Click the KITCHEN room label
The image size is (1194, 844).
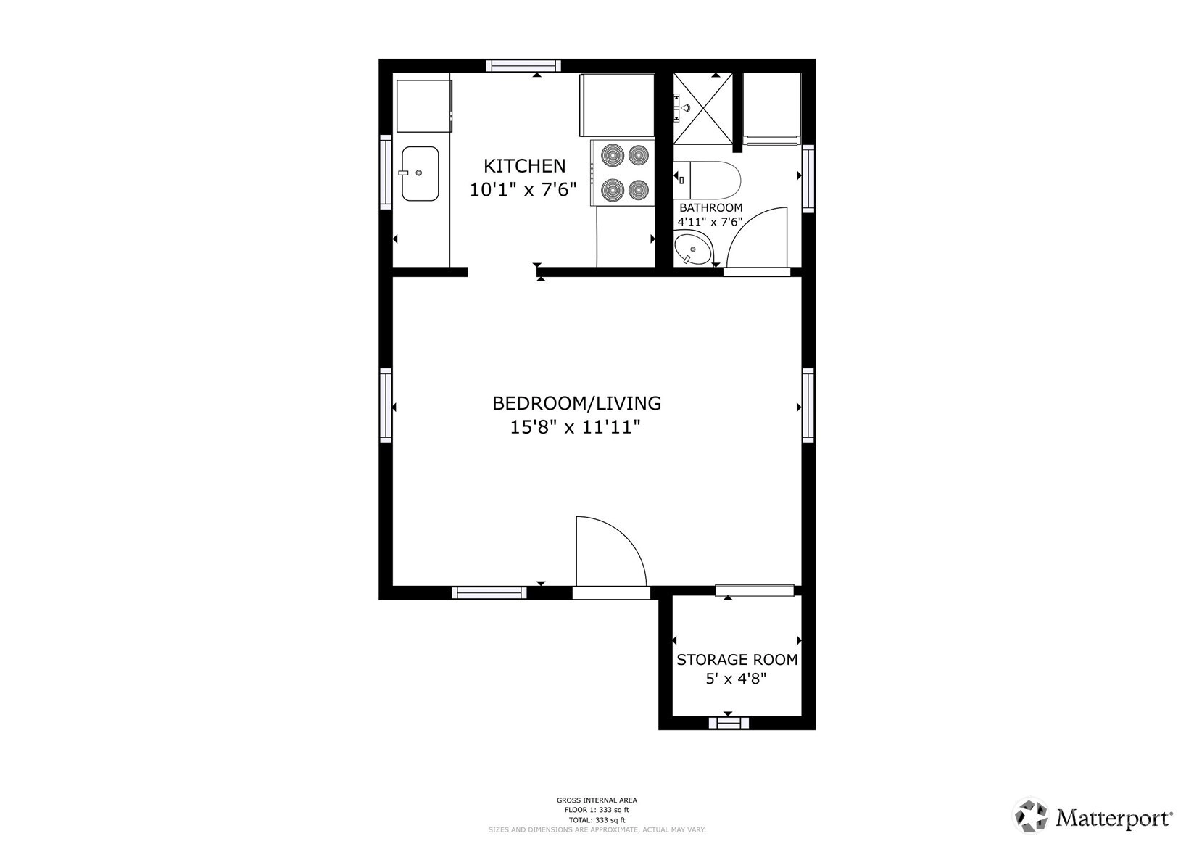(x=524, y=166)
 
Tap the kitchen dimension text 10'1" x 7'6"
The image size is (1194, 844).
(x=523, y=189)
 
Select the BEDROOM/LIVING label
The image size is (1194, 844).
(x=577, y=404)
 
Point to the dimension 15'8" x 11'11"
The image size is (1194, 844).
(x=575, y=427)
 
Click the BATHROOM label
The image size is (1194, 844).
(x=710, y=208)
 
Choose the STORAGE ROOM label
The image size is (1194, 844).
(x=737, y=660)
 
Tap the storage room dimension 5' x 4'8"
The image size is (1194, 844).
(x=736, y=679)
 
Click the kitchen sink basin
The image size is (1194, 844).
(x=420, y=174)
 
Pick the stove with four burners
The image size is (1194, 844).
(x=623, y=173)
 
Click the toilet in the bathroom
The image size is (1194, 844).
(x=708, y=180)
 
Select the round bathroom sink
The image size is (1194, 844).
(x=692, y=249)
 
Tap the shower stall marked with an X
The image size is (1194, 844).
(x=703, y=108)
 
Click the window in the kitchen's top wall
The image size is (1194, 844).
(x=523, y=65)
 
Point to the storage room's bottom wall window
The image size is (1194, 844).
(x=729, y=723)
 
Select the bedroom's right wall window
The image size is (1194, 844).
(x=808, y=405)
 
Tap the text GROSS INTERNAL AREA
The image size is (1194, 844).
(x=597, y=800)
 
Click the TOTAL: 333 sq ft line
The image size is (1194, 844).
(x=597, y=820)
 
